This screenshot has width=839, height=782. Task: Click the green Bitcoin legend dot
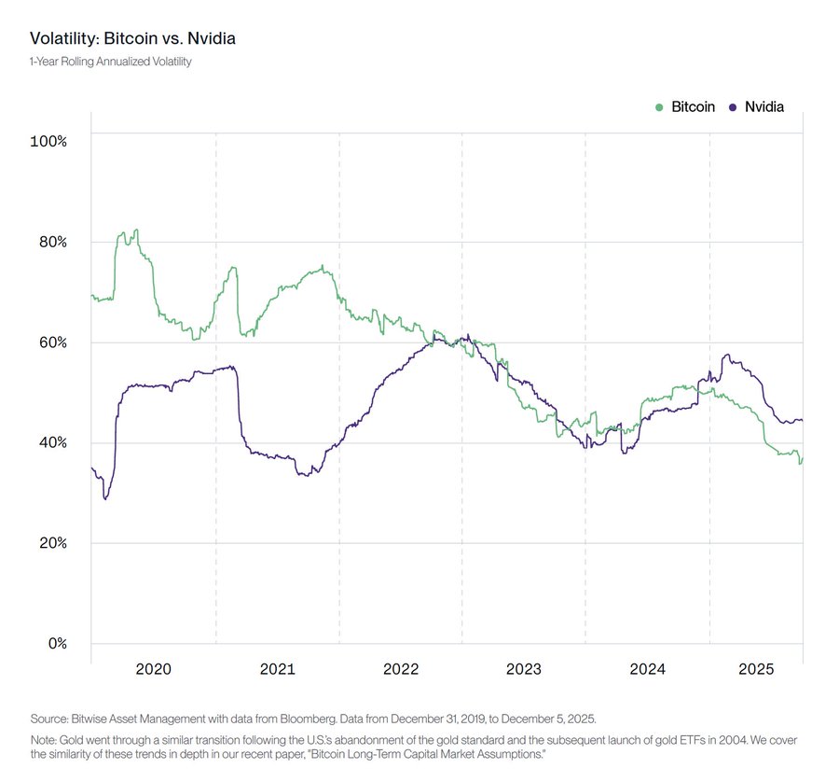point(661,107)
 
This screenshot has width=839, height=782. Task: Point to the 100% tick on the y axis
point(48,141)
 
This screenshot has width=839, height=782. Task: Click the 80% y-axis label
point(51,242)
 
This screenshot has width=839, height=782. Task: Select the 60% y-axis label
point(51,342)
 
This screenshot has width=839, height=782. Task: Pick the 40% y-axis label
point(51,442)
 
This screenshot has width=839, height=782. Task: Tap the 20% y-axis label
point(51,543)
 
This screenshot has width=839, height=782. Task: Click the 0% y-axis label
point(56,644)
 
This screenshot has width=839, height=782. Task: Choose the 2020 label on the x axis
point(153,669)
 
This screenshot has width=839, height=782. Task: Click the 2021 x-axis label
point(277,669)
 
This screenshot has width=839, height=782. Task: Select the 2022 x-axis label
point(401,669)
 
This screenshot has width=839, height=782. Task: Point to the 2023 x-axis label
point(524,669)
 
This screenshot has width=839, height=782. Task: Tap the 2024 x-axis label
point(647,669)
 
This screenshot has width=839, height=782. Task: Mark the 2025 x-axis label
point(756,669)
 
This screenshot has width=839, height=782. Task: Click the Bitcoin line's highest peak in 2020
point(136,230)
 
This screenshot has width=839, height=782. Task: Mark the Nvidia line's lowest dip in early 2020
point(105,499)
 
